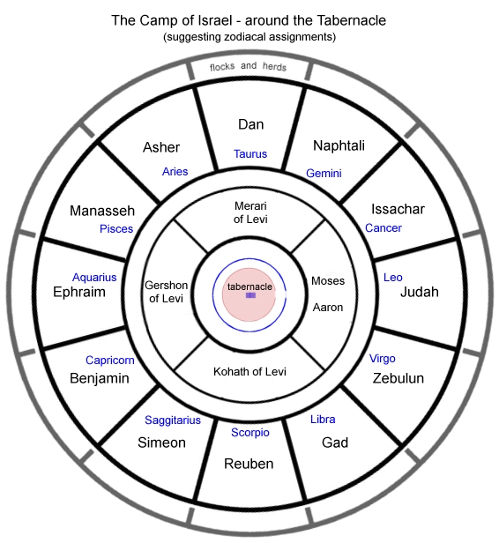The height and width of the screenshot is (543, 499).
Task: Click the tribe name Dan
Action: coord(250,124)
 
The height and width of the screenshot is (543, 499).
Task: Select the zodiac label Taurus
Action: coord(250,153)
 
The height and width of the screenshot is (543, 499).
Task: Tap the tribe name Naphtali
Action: coord(339,145)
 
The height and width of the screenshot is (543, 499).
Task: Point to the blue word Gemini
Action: coord(324,173)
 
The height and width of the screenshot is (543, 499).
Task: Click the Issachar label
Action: coord(398,209)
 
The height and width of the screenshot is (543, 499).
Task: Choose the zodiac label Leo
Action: coord(393,278)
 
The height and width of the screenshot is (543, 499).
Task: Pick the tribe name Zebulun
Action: coord(398,378)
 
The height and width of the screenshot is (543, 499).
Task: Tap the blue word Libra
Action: coord(323,420)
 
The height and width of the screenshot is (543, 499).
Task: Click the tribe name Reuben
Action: coord(249,464)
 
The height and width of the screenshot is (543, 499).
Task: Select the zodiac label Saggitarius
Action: coord(173,420)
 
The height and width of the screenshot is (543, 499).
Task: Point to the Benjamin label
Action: coord(100,378)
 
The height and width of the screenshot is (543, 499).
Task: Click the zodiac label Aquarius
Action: coord(94,278)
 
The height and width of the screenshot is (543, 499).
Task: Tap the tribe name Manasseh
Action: coord(102,211)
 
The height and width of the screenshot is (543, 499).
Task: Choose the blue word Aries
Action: coord(175,171)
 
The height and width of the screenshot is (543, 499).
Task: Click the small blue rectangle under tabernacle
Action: coord(250,295)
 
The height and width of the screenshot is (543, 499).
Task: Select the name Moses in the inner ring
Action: coord(328,280)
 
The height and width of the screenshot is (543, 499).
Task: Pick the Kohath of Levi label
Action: coord(249,372)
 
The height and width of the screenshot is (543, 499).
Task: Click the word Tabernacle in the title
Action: coord(351,20)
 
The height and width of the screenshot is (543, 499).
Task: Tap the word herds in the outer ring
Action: coord(274,66)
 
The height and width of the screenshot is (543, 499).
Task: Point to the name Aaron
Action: coord(328,308)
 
